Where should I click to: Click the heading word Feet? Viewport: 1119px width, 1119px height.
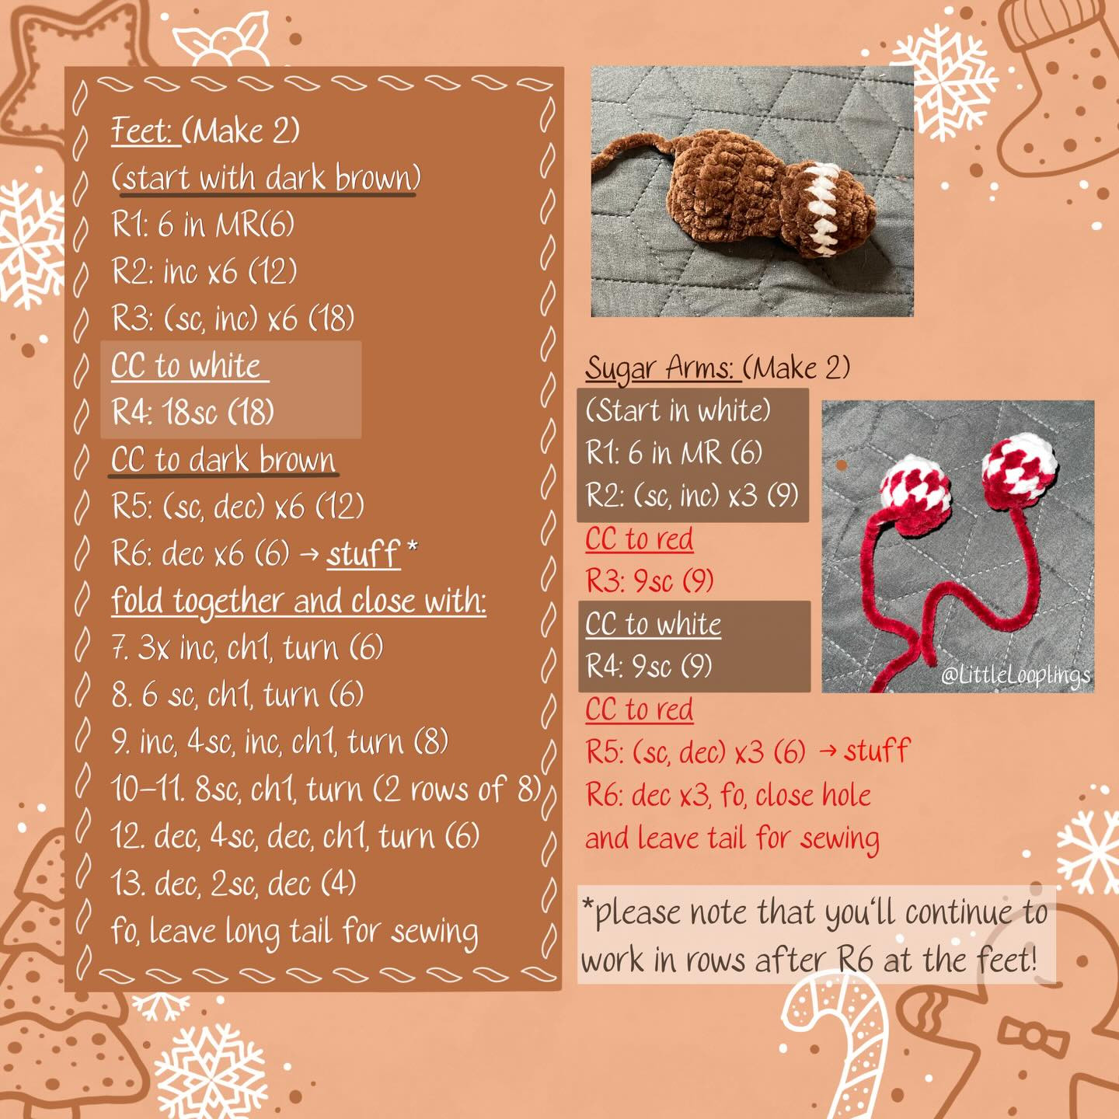[x=142, y=131]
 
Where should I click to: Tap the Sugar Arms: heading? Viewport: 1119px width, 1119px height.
[x=660, y=368]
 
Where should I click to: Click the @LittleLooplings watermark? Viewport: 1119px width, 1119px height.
[x=1015, y=675]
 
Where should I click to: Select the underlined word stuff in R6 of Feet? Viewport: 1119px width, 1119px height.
[x=363, y=553]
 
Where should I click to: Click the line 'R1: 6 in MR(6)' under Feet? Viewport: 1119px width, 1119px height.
[x=203, y=225]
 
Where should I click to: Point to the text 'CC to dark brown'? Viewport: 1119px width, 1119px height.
[x=224, y=459]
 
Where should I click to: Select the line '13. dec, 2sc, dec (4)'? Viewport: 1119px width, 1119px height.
[x=233, y=884]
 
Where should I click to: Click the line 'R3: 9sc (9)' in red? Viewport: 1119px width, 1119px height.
[x=649, y=580]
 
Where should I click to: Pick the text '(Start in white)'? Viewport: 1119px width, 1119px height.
[x=678, y=410]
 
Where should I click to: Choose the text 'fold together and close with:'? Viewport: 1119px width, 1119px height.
[x=298, y=601]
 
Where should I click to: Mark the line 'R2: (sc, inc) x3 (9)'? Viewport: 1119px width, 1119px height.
[x=692, y=495]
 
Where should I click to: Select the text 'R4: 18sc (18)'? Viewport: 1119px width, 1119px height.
[x=193, y=412]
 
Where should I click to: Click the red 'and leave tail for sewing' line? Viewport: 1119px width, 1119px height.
[x=732, y=838]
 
